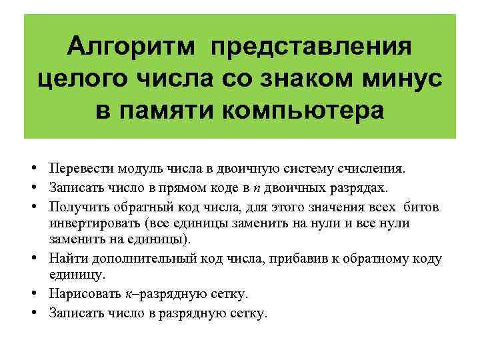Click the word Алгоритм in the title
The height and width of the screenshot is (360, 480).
(x=133, y=47)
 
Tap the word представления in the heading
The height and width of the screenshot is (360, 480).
(x=311, y=48)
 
